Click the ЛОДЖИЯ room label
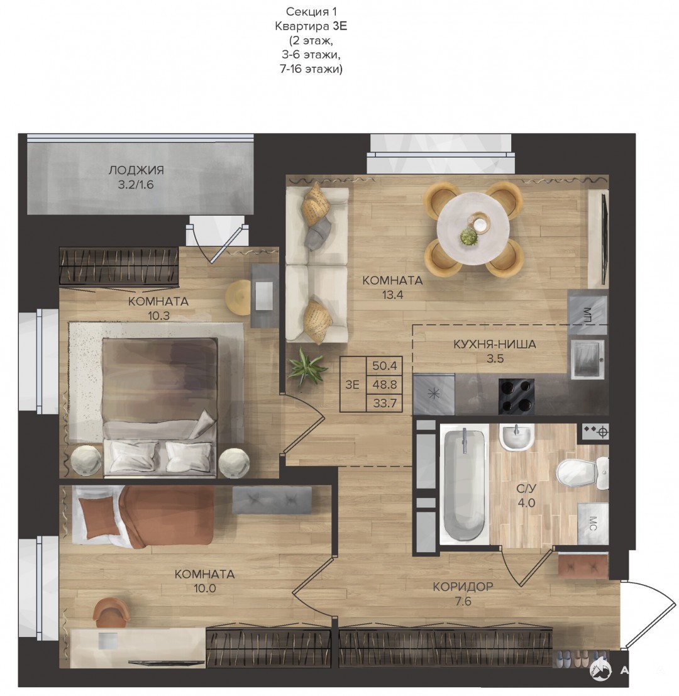click(136, 170)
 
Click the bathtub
click(464, 483)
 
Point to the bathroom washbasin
click(516, 437)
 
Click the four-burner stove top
click(516, 396)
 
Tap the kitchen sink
click(587, 359)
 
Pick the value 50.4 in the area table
click(384, 366)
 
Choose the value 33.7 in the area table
click(384, 404)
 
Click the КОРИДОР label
click(463, 587)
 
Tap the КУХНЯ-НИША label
click(494, 344)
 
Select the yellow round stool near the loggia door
click(239, 297)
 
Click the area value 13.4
click(392, 295)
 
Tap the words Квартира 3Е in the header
click(311, 26)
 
